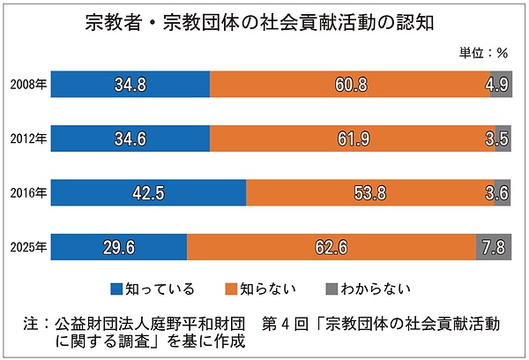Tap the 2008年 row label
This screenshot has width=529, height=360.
tap(28, 86)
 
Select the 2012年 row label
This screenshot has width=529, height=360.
tap(28, 139)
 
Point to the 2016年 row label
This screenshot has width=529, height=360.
tap(28, 193)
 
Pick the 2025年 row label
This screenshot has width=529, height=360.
tap(28, 247)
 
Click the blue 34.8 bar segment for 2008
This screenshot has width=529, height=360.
tap(130, 86)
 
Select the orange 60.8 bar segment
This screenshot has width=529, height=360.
tap(350, 86)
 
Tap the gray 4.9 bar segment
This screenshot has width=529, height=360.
tap(501, 86)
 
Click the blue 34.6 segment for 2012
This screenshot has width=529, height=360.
tap(130, 139)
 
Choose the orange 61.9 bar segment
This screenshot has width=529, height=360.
tap(352, 139)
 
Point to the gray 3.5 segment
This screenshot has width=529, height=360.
tap(503, 139)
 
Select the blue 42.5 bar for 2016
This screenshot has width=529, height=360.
tap(148, 193)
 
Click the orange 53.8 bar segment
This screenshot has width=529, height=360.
tap(370, 193)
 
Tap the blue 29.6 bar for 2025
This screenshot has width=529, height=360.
tap(119, 247)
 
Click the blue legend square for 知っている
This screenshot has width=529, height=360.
tap(116, 289)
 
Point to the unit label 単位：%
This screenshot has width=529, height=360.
tap(484, 52)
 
